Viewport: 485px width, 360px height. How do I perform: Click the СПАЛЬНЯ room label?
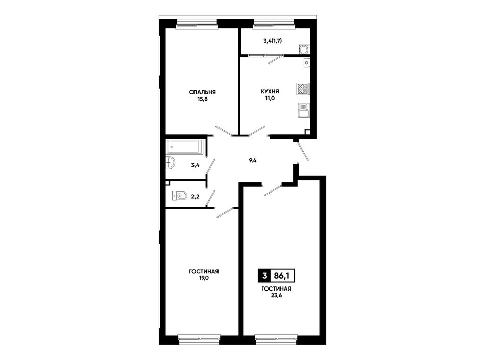click(x=203, y=92)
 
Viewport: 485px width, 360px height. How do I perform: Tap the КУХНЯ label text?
click(x=270, y=91)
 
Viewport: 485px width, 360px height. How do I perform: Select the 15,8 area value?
click(x=203, y=99)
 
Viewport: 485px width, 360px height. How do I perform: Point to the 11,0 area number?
click(x=270, y=99)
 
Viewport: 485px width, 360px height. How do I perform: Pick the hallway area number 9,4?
click(x=253, y=160)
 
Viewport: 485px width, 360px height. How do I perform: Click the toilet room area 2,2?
click(x=195, y=196)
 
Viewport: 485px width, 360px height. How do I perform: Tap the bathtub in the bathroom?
click(x=185, y=147)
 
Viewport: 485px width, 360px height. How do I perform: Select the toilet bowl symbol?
click(x=179, y=196)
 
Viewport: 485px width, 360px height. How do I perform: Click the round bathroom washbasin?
click(x=170, y=162)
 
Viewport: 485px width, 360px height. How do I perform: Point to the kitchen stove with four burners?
click(x=303, y=89)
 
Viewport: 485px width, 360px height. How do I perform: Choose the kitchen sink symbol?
click(x=304, y=110)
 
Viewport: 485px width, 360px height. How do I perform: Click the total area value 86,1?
click(x=282, y=275)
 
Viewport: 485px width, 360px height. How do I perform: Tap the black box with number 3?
click(x=264, y=275)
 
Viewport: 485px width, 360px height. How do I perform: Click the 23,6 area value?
click(x=276, y=295)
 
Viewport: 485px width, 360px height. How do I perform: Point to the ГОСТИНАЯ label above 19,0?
click(x=204, y=272)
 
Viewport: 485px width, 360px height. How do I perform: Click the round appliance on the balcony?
click(x=303, y=50)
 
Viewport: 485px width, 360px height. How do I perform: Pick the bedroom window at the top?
click(x=197, y=24)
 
